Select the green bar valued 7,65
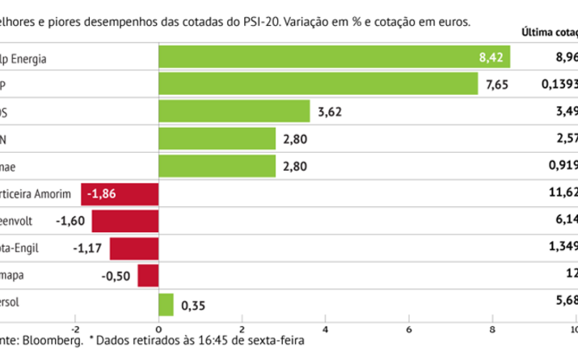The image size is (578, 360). [319, 83]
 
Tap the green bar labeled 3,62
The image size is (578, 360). [234, 111]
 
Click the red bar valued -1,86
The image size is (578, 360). [120, 194]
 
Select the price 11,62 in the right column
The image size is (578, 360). [564, 194]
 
